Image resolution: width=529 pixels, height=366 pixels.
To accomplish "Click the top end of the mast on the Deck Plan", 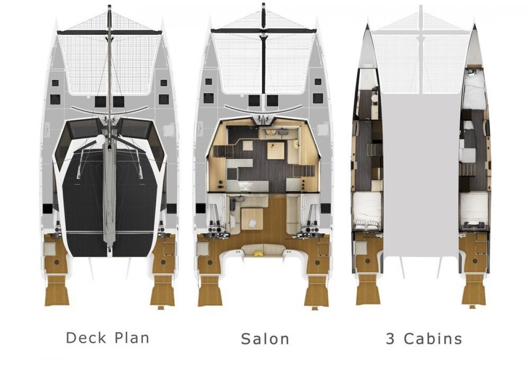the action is click(x=109, y=6).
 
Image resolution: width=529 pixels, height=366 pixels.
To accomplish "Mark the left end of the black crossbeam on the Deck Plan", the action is click(x=58, y=31).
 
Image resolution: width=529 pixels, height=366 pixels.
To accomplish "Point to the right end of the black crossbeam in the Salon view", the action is click(x=316, y=30).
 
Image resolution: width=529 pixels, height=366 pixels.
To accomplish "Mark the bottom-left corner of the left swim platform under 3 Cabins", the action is click(x=356, y=304).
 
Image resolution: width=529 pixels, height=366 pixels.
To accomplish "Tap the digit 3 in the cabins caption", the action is click(x=391, y=339).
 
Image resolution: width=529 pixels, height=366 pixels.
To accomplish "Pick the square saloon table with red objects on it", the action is click(x=276, y=150).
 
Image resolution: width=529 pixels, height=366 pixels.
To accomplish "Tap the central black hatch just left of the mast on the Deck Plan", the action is click(x=101, y=101).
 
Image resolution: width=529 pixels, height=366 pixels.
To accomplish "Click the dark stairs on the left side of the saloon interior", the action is click(x=223, y=151).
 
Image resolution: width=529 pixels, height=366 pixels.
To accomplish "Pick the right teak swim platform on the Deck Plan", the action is click(x=163, y=291).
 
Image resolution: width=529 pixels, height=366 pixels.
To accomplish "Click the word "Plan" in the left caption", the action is click(x=132, y=338).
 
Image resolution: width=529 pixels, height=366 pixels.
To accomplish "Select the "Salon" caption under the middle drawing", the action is click(x=265, y=339).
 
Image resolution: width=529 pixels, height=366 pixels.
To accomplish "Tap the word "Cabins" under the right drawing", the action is click(x=432, y=339).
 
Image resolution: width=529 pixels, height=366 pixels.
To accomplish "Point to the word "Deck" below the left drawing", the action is click(x=86, y=338).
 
